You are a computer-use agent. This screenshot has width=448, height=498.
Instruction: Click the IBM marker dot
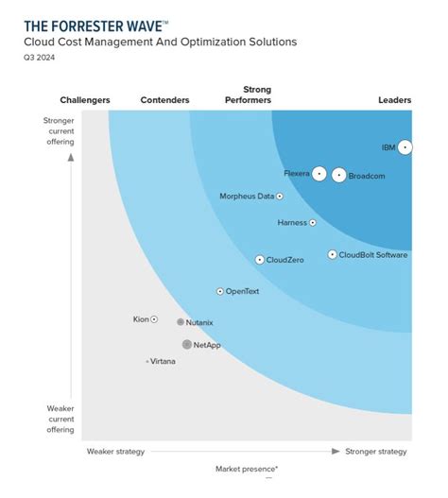405,147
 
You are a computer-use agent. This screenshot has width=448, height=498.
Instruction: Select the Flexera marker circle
319,174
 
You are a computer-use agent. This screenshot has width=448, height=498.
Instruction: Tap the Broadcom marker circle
339,175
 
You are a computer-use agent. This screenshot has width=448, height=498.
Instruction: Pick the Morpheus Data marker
279,197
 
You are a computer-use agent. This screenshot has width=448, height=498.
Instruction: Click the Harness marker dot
313,223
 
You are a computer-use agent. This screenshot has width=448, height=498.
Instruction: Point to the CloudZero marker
260,259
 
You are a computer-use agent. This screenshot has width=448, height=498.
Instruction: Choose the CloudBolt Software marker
332,254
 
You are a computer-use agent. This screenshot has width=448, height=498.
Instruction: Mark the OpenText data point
220,292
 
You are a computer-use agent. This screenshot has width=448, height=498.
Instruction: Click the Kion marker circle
155,319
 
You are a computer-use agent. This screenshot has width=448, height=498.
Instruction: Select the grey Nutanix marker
181,322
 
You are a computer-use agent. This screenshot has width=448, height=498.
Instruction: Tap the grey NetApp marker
187,345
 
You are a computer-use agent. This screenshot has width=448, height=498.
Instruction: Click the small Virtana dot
147,361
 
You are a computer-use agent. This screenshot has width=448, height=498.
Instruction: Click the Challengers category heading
85,100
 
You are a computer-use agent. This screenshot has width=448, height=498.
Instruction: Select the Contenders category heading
164,100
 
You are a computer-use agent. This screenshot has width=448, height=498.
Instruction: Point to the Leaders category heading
394,100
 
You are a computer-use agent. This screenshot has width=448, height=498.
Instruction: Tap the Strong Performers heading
250,94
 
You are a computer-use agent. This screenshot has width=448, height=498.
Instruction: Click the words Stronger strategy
376,452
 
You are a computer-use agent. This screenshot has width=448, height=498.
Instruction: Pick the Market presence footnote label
246,469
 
